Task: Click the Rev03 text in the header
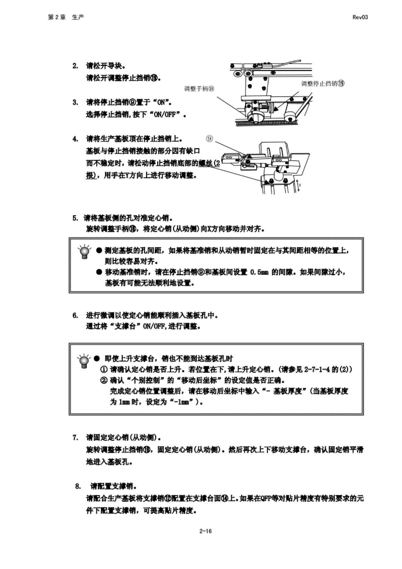click(x=360, y=17)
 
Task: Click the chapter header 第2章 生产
click(x=66, y=17)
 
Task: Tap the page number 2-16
click(x=205, y=531)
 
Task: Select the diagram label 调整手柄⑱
click(x=199, y=89)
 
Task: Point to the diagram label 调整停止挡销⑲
click(x=323, y=84)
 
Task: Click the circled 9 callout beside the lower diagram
click(x=209, y=138)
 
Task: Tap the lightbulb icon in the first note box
click(x=85, y=252)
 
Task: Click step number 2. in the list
click(x=75, y=66)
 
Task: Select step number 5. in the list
click(x=75, y=218)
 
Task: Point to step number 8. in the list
click(x=78, y=486)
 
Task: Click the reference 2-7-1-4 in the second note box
click(x=317, y=369)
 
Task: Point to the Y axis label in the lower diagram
click(x=300, y=186)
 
